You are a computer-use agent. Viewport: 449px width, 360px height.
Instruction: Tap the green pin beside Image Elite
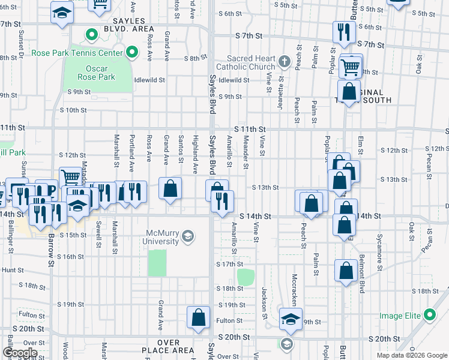[x=429, y=314]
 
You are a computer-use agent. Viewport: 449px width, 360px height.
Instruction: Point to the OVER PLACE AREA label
[x=168, y=346]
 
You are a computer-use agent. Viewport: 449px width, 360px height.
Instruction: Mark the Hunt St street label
[x=12, y=271]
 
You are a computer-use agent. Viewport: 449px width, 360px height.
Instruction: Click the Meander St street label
[x=246, y=151]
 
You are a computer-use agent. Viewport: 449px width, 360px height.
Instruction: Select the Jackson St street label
[x=264, y=304]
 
